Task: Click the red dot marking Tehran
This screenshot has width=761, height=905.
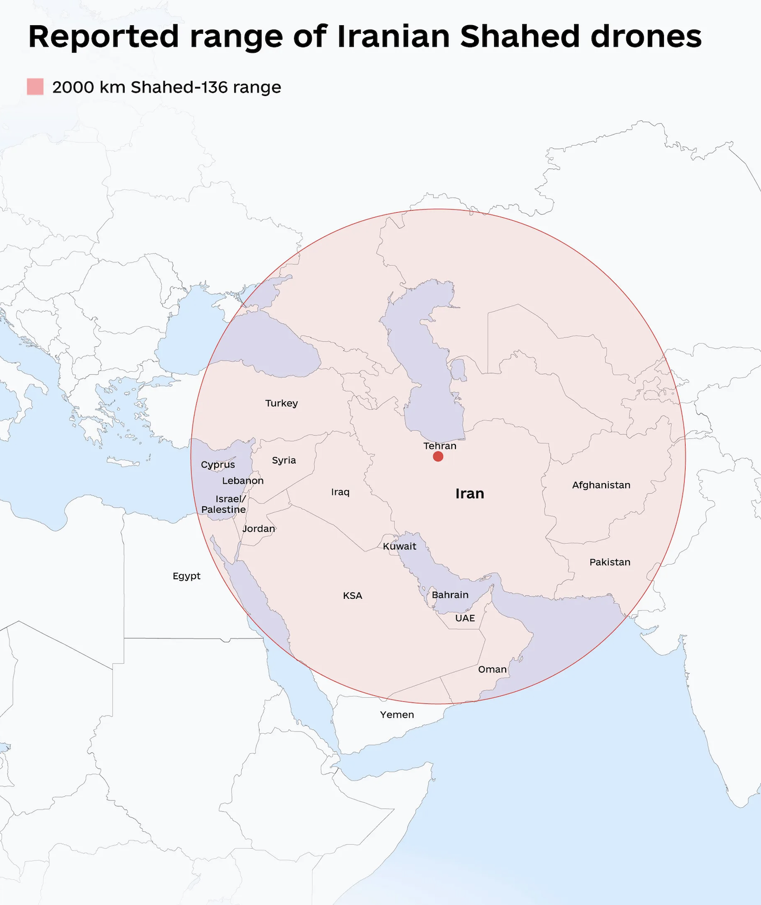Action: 438,457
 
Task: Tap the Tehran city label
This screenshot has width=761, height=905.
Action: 440,446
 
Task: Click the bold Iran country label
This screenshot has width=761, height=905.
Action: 469,494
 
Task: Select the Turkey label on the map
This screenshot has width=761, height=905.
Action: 281,403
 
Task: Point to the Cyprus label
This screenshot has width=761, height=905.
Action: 218,465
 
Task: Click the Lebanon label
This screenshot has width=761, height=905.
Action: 243,481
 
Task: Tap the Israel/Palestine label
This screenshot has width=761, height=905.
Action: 224,504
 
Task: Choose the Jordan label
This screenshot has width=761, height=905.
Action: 259,528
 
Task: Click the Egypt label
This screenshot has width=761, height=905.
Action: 186,576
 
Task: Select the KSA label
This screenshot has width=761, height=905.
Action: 352,596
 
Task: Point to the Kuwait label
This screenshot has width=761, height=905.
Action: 400,547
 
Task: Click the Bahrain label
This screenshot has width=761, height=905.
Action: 450,595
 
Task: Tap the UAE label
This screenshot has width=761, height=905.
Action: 465,618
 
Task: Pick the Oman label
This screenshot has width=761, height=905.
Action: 492,669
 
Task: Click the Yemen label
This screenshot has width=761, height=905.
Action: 397,714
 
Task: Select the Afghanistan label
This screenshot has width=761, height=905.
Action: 601,485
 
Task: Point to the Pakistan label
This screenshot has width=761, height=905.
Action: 610,562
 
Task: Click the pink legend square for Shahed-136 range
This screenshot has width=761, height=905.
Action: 35,86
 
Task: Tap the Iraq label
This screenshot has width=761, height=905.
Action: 340,492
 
